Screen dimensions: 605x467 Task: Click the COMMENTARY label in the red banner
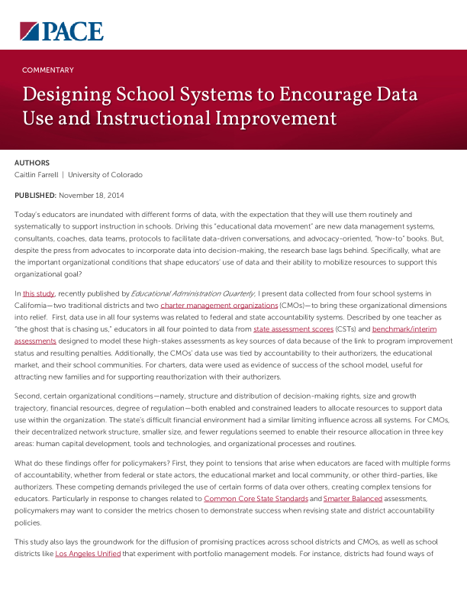pyautogui.click(x=48, y=70)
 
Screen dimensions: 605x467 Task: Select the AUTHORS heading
pyautogui.click(x=32, y=163)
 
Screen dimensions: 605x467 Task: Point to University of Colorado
pyautogui.click(x=105, y=175)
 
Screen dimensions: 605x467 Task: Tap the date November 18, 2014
pyautogui.click(x=91, y=196)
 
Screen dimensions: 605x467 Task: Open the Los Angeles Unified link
pyautogui.click(x=88, y=553)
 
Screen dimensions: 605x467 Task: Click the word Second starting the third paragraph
pyautogui.click(x=27, y=396)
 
